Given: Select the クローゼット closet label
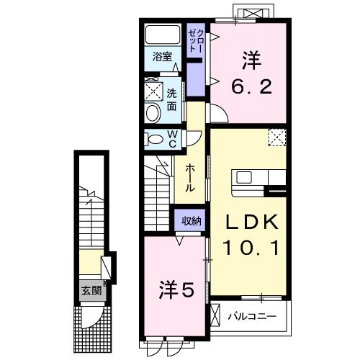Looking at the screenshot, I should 194,40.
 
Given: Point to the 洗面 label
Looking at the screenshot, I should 173,99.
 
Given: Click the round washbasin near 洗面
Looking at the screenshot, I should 153,112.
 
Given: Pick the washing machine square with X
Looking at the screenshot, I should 153,91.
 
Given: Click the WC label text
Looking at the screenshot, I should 173,138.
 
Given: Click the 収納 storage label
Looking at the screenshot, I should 190,221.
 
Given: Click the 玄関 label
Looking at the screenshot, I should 90,291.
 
